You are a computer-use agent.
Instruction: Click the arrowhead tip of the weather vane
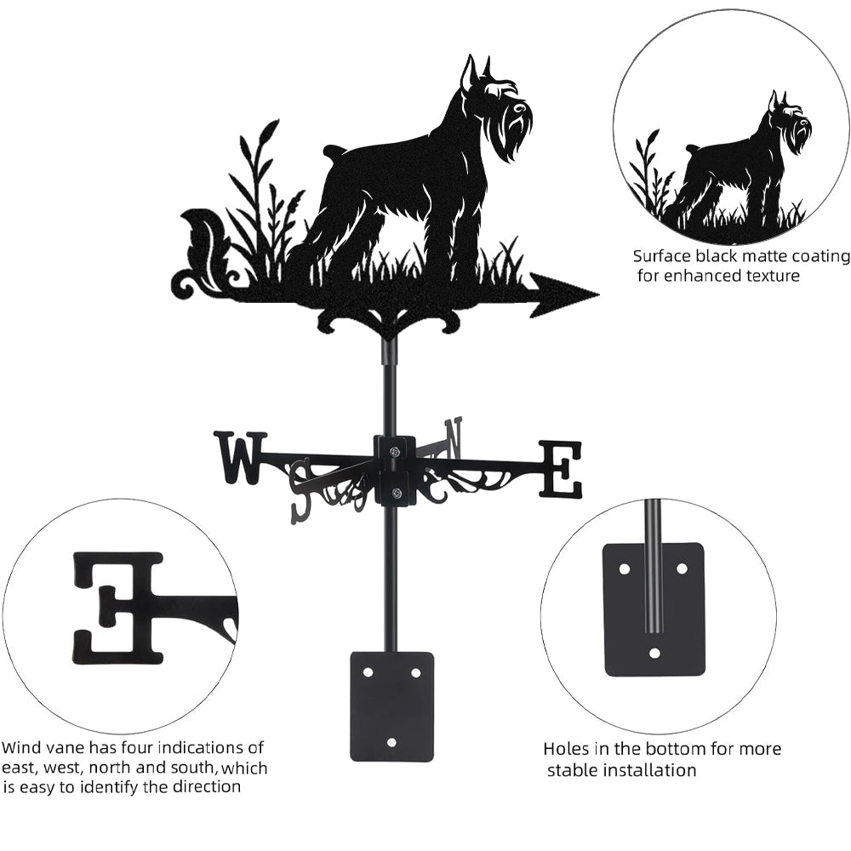click(x=598, y=295)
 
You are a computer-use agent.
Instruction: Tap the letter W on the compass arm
click(x=242, y=458)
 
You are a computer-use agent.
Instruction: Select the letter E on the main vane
click(x=560, y=469)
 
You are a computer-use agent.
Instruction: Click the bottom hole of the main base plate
click(x=392, y=742)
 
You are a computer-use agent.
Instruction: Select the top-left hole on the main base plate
click(x=368, y=672)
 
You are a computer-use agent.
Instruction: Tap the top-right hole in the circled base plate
click(x=682, y=568)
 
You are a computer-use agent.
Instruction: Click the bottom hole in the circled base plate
click(x=654, y=652)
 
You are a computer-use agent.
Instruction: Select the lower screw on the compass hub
click(x=397, y=493)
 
